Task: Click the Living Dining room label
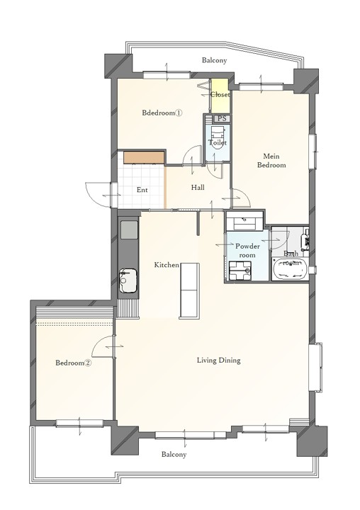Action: (218, 361)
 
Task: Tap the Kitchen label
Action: (167, 265)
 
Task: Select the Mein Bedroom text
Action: (271, 161)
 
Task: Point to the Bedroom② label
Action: (73, 363)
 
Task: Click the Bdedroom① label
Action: (162, 113)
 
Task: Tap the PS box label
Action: (222, 119)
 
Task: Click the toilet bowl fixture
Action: (217, 137)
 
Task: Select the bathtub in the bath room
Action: (290, 268)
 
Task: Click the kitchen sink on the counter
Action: (128, 280)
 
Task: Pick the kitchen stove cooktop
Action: (129, 229)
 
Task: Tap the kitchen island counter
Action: (189, 290)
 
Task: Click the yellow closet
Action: (220, 96)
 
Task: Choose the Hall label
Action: (198, 187)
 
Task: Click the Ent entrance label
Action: (142, 190)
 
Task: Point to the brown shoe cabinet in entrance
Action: (144, 157)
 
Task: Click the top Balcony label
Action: (214, 60)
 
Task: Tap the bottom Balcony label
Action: (174, 454)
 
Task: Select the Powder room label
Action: (247, 251)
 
